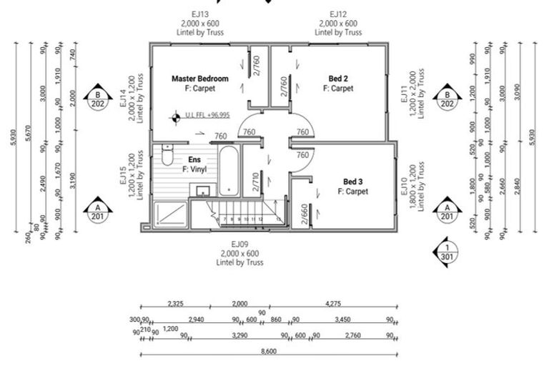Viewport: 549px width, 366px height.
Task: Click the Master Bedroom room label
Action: tap(200, 78)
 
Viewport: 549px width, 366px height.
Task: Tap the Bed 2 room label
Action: tap(338, 78)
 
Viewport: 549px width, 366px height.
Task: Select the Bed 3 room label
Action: tap(353, 182)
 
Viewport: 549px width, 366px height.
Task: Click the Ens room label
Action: tap(194, 159)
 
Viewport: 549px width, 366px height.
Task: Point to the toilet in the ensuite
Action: tap(168, 154)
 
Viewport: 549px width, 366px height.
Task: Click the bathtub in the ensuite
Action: tap(229, 172)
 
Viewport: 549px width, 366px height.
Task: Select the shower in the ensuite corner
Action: tap(170, 213)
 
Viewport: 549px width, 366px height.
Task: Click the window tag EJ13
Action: tap(199, 14)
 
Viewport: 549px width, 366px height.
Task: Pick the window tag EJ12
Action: tap(338, 14)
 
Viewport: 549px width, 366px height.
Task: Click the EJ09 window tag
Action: tap(239, 244)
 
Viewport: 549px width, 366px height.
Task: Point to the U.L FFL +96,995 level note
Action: tap(207, 114)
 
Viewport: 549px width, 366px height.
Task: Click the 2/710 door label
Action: tap(255, 184)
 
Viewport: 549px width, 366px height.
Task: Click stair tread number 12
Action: tap(260, 219)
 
